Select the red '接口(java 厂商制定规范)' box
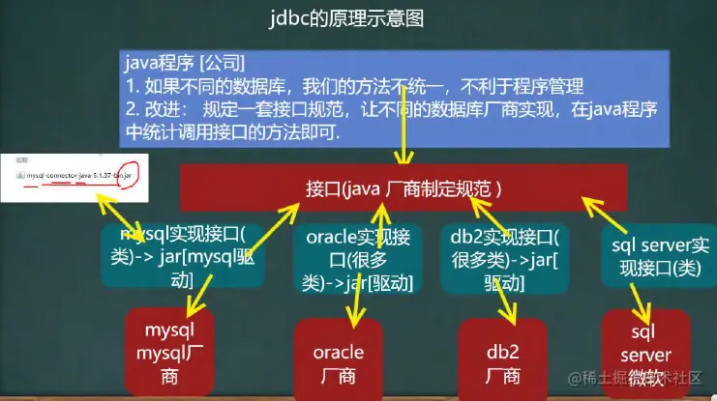(x=403, y=186)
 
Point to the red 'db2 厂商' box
(x=504, y=360)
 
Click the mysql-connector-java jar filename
(x=74, y=176)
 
